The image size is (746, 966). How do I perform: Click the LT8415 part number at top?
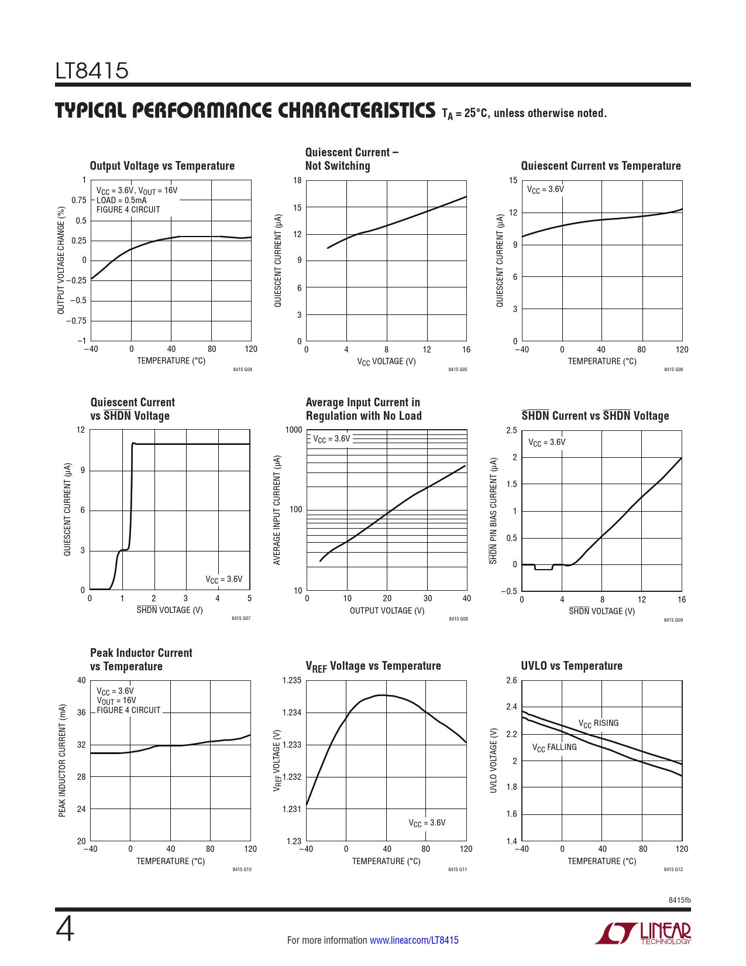click(92, 71)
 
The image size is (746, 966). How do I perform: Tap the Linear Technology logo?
click(642, 933)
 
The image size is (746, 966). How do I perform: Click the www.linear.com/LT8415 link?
click(414, 940)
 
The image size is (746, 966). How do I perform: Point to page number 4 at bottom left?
click(65, 929)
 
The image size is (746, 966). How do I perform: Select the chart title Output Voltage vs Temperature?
click(162, 166)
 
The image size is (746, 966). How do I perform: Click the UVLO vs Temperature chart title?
click(572, 666)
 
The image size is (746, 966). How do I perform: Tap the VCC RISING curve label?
click(598, 724)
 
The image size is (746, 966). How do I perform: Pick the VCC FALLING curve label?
click(554, 748)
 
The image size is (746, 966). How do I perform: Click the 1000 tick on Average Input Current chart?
click(294, 430)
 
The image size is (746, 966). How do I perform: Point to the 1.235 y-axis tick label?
click(291, 680)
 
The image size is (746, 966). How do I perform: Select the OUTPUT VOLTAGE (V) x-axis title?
click(387, 611)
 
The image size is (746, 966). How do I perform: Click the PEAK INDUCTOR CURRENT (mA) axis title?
click(63, 761)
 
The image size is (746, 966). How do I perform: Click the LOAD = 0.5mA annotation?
click(122, 200)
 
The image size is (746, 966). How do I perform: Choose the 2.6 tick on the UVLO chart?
click(511, 680)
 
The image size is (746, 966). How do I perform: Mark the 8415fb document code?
click(679, 900)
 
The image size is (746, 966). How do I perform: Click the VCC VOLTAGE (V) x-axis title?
click(386, 361)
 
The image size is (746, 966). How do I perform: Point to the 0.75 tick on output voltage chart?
click(79, 200)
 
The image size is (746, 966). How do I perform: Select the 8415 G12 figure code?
click(673, 869)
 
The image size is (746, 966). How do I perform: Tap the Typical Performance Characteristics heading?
click(245, 111)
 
